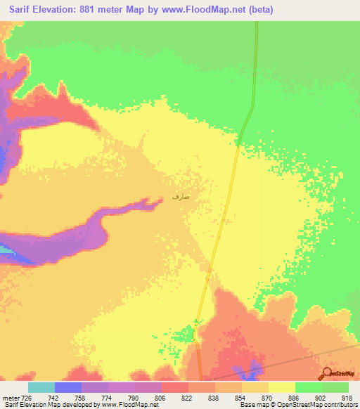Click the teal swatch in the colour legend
[41, 387]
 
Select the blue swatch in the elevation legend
[68, 387]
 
